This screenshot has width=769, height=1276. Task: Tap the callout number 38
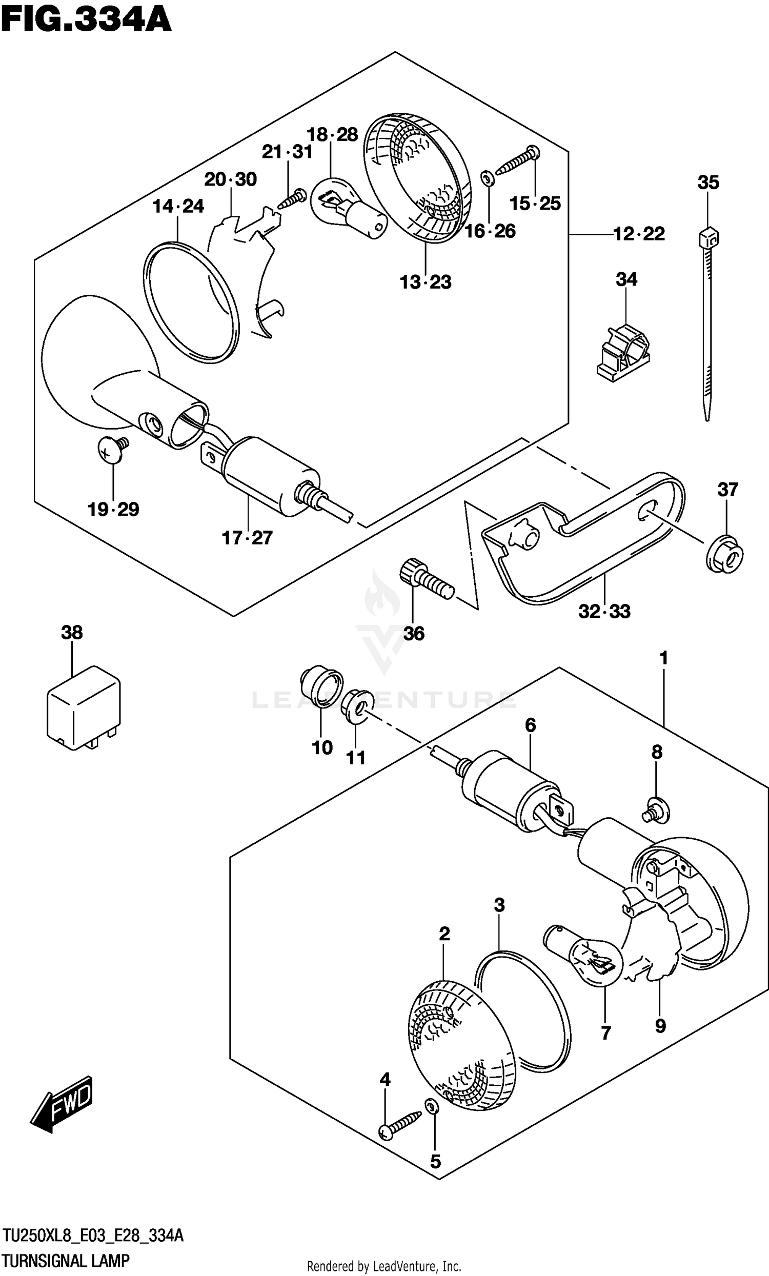tap(71, 632)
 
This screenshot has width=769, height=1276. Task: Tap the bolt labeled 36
tap(425, 579)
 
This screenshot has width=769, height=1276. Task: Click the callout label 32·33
tap(604, 612)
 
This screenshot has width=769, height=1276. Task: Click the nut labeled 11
tap(357, 705)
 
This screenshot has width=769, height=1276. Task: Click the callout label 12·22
tap(639, 234)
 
